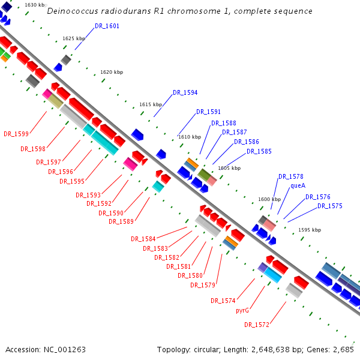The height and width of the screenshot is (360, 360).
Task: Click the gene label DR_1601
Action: click(x=107, y=26)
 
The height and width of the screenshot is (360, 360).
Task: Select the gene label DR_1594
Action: click(x=185, y=92)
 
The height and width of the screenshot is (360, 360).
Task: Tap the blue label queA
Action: click(x=298, y=185)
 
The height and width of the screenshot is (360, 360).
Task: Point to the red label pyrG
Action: click(x=242, y=310)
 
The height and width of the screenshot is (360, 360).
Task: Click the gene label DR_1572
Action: click(x=256, y=325)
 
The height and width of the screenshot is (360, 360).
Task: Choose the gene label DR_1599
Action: click(x=16, y=134)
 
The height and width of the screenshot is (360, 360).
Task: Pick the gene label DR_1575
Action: click(x=330, y=206)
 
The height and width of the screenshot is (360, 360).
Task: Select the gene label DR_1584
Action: click(x=143, y=239)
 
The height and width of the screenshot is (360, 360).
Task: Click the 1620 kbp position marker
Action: click(x=112, y=72)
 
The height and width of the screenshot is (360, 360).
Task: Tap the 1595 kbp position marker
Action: click(x=310, y=230)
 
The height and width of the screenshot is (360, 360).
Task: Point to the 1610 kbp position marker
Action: click(x=190, y=137)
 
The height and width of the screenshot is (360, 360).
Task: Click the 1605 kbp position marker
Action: click(x=229, y=168)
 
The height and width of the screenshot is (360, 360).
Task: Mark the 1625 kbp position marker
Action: click(x=74, y=38)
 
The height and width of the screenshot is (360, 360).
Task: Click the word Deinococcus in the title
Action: click(x=71, y=11)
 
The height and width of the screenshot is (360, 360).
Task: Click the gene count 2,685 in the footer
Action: click(x=344, y=349)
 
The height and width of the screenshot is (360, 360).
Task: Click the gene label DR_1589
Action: click(x=121, y=221)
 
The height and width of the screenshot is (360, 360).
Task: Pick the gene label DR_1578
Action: click(x=290, y=176)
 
